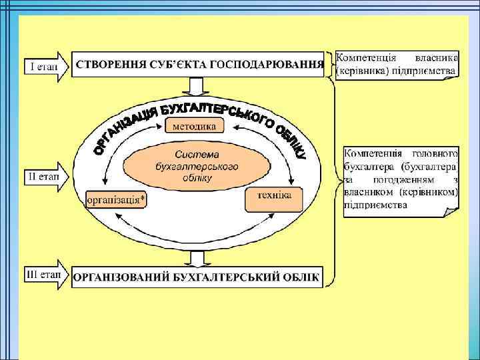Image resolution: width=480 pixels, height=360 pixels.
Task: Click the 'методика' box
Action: [194, 125]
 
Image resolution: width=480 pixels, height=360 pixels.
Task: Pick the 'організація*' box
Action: [116, 199]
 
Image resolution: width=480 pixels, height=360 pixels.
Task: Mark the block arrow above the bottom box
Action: [195, 257]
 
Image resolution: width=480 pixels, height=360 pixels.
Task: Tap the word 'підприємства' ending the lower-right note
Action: [375, 205]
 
